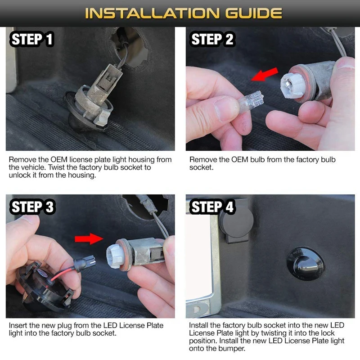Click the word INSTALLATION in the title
tap(152, 13)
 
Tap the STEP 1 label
tap(32, 39)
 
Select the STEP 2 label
tap(212, 39)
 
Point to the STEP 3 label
tap(32, 207)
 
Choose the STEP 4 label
tap(212, 207)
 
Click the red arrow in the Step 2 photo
tap(265, 74)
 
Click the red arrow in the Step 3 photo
tap(89, 239)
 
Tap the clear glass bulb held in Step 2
tap(250, 101)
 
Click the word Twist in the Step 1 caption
tap(57, 167)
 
